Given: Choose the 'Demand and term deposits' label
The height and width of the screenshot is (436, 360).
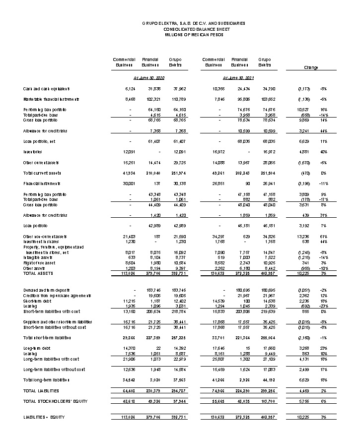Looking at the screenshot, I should pos(45,290).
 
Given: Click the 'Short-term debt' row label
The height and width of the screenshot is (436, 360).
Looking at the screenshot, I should pos(35,300).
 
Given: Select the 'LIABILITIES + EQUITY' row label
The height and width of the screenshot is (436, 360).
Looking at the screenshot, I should pos(44,418).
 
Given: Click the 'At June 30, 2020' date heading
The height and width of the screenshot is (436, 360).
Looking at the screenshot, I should pos(149,78).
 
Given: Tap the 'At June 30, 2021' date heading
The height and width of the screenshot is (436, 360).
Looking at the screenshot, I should pos(238,78).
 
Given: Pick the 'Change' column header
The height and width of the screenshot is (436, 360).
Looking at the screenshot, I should pos(311,67).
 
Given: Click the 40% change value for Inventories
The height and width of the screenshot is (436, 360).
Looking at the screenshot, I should pos(323,152).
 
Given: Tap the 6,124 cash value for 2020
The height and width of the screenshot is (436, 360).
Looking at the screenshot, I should pos(130,89).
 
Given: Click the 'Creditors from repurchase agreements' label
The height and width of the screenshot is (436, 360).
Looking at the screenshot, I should pos(55,295).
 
